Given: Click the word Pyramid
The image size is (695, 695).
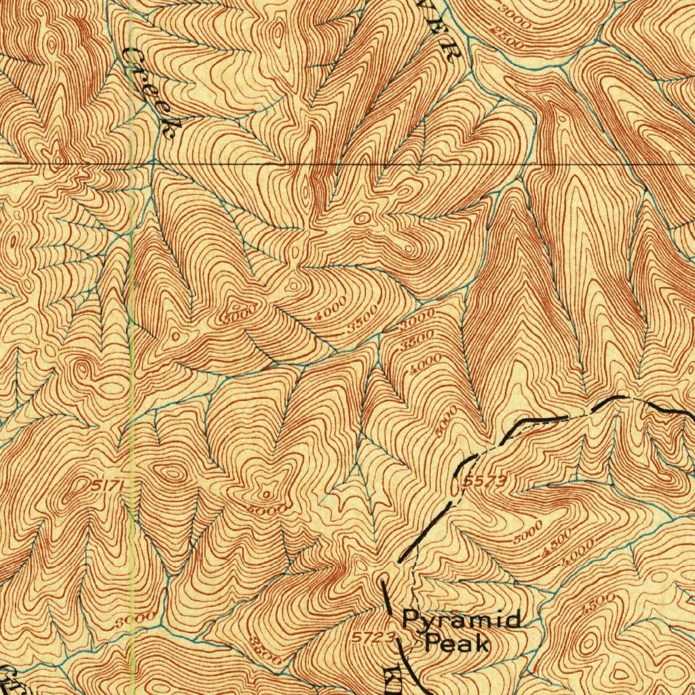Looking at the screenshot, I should pyautogui.click(x=462, y=620).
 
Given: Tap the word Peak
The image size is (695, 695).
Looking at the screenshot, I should pyautogui.click(x=457, y=642).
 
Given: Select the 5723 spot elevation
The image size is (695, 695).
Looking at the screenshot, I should pyautogui.click(x=373, y=637).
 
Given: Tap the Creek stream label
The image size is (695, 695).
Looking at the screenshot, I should pyautogui.click(x=153, y=92).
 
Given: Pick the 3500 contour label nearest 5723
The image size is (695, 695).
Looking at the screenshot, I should pyautogui.click(x=265, y=650).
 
